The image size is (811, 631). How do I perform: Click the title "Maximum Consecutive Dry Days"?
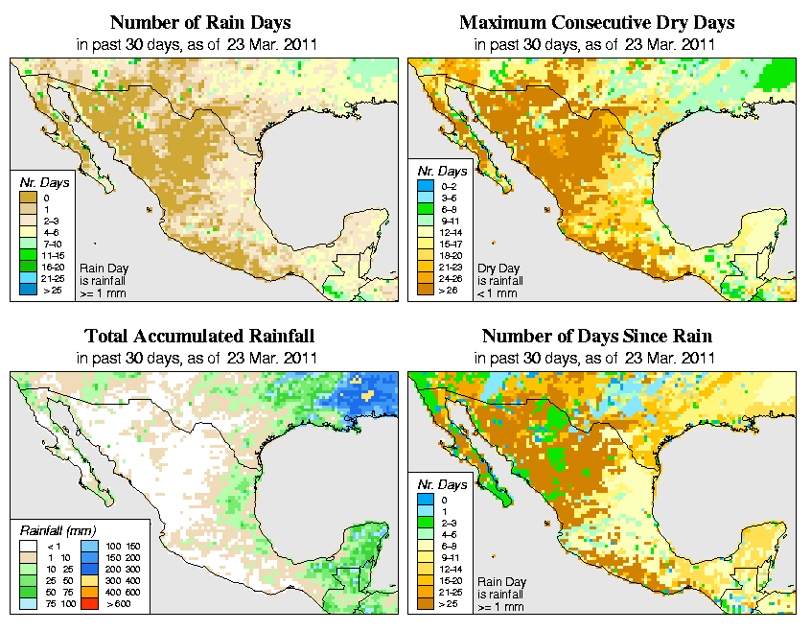pos(596,22)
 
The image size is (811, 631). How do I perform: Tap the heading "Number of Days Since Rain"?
pos(596,337)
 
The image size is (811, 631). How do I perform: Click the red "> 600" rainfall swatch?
pos(86,603)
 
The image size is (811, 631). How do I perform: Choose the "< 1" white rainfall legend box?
pos(28,545)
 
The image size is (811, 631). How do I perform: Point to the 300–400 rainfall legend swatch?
pos(86,580)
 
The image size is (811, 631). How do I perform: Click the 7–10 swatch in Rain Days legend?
pos(28,245)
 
